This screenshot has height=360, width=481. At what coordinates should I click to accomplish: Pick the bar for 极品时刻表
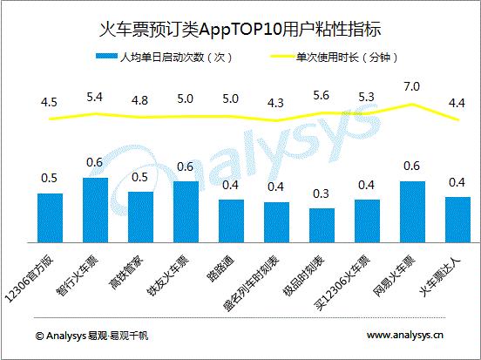[322, 226]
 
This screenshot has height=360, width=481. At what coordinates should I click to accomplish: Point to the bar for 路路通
[231, 221]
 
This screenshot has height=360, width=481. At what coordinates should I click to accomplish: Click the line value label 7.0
[412, 87]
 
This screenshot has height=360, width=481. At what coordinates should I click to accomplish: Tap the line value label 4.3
[276, 103]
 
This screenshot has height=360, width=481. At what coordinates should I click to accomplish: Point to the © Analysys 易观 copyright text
[91, 335]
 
